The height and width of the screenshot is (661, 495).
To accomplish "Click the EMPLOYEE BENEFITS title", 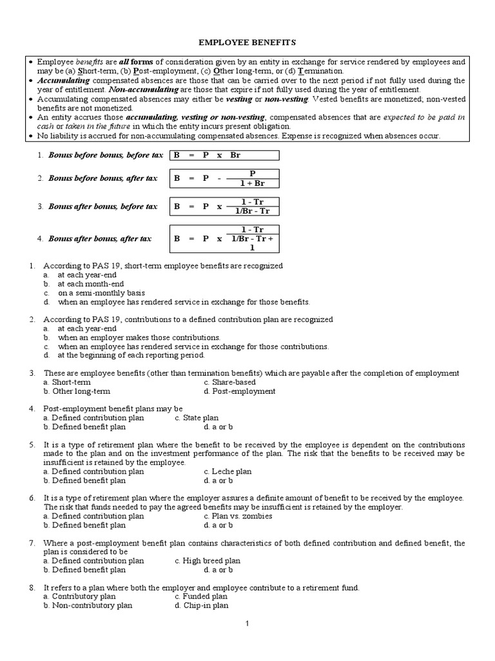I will click(x=247, y=42).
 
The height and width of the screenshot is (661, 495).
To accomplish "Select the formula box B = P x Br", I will click(x=224, y=155).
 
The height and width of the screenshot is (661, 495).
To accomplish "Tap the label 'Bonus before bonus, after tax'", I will click(x=102, y=178).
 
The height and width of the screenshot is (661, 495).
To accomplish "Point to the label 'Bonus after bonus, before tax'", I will click(x=102, y=207).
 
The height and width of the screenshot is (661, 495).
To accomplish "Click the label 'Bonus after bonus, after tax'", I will click(x=99, y=238).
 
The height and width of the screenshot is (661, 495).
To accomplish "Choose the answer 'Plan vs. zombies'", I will click(x=238, y=516).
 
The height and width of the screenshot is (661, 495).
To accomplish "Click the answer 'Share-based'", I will click(x=225, y=382).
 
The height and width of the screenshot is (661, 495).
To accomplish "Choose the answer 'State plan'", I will click(x=197, y=418).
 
